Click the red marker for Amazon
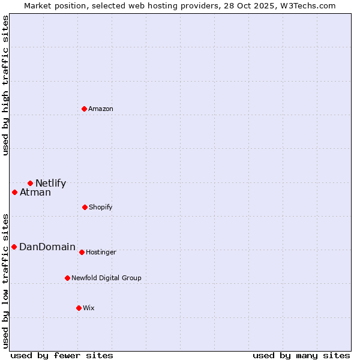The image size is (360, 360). [x=85, y=109]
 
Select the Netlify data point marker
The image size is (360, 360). [x=30, y=183]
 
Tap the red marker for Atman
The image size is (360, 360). [x=15, y=192]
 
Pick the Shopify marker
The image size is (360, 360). [x=85, y=207]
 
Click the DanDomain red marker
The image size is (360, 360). [x=14, y=247]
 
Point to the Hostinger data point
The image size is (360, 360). [x=82, y=252]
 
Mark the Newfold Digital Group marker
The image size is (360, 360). [x=67, y=278]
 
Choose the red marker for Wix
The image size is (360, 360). [x=79, y=308]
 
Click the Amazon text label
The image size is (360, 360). [x=101, y=109]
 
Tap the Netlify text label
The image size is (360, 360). [x=50, y=184]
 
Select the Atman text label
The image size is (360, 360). [x=35, y=193]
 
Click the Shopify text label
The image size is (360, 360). [x=101, y=207]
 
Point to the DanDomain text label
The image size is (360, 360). [x=47, y=247]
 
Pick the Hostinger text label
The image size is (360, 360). [x=101, y=252]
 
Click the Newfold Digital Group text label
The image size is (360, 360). [x=106, y=278]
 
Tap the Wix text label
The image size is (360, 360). [x=89, y=308]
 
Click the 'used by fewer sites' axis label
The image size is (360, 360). [x=62, y=355]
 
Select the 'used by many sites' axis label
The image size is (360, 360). [x=301, y=355]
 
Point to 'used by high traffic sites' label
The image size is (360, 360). [x=5, y=85]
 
